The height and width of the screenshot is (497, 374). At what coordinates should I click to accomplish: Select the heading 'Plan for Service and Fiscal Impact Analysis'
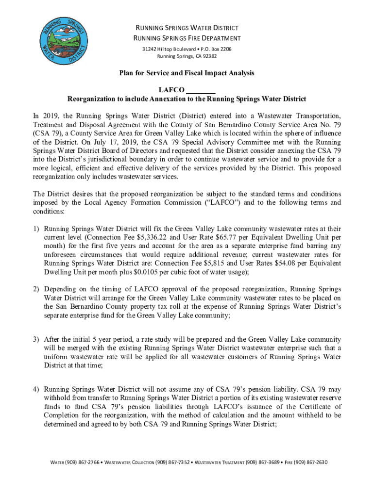(x=187, y=73)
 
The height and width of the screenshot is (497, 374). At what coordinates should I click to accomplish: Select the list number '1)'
(x=36, y=229)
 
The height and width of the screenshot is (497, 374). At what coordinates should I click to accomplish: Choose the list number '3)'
(x=36, y=339)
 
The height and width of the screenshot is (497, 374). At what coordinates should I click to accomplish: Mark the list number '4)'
(x=36, y=389)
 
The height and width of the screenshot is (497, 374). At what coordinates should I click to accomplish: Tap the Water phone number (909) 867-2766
(x=81, y=462)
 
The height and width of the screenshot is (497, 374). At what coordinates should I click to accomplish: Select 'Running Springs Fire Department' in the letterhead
(x=187, y=38)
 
